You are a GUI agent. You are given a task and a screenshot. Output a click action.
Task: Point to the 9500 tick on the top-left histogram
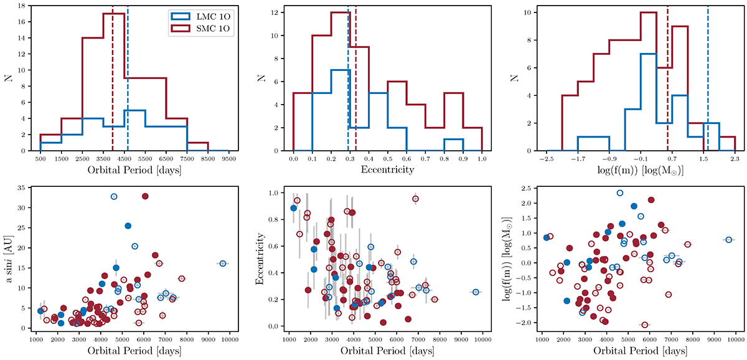[x=229, y=159]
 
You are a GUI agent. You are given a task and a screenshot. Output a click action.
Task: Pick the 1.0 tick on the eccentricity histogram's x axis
[x=481, y=159]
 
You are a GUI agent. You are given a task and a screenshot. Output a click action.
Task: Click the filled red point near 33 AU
[x=145, y=196]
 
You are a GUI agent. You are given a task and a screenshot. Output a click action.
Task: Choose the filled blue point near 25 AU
[x=128, y=225]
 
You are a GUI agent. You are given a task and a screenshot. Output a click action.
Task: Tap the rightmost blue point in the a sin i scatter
[x=223, y=263]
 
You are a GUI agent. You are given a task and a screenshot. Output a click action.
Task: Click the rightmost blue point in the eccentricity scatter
[x=476, y=292]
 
